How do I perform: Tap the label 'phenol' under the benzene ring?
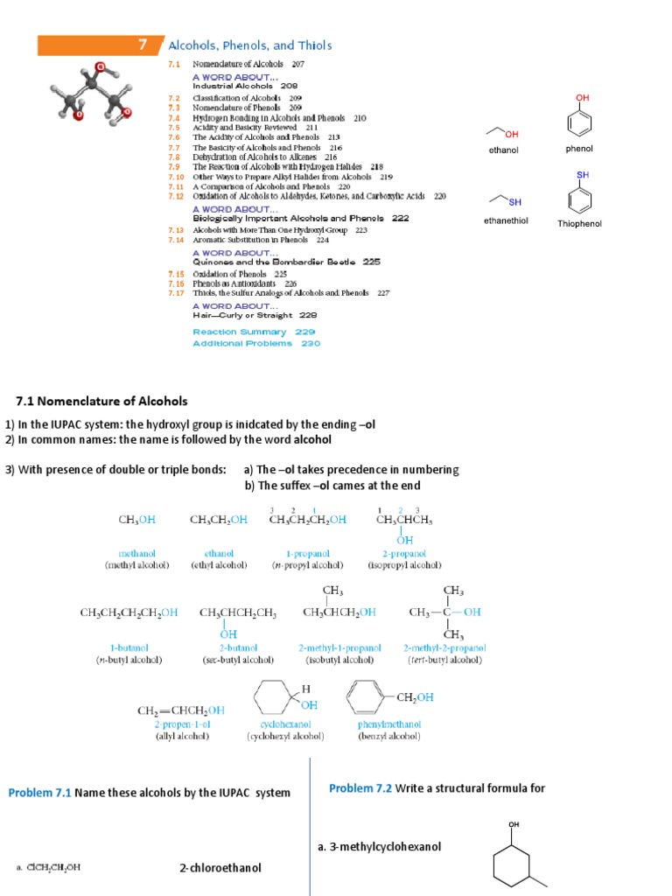click(x=579, y=149)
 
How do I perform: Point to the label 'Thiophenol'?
click(x=579, y=224)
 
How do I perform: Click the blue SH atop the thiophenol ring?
click(x=582, y=175)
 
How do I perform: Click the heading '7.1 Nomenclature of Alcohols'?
click(x=101, y=402)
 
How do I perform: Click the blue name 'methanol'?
click(x=137, y=553)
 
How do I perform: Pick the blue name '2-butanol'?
click(x=237, y=648)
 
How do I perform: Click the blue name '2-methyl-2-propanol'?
click(x=444, y=648)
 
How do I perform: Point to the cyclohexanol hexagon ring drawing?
click(x=275, y=698)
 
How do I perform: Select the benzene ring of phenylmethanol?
click(x=367, y=698)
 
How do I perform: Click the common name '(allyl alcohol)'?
click(x=182, y=737)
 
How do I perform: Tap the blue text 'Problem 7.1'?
click(x=39, y=794)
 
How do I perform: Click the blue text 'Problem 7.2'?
click(x=360, y=788)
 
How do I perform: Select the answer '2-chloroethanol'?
click(x=220, y=868)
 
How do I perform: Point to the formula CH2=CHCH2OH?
click(x=180, y=711)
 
